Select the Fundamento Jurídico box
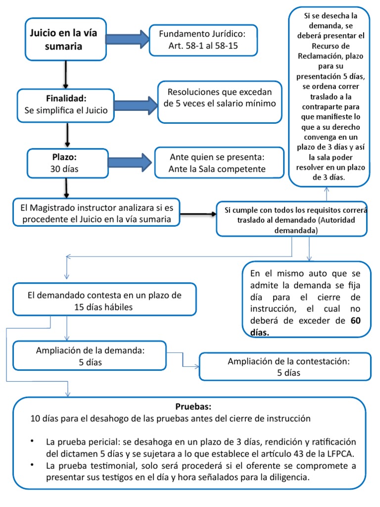[202, 41]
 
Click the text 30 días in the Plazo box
[64, 169]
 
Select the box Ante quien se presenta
[218, 163]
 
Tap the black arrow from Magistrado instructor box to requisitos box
[198, 214]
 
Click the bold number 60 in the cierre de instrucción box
[356, 320]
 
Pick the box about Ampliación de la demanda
[90, 356]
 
